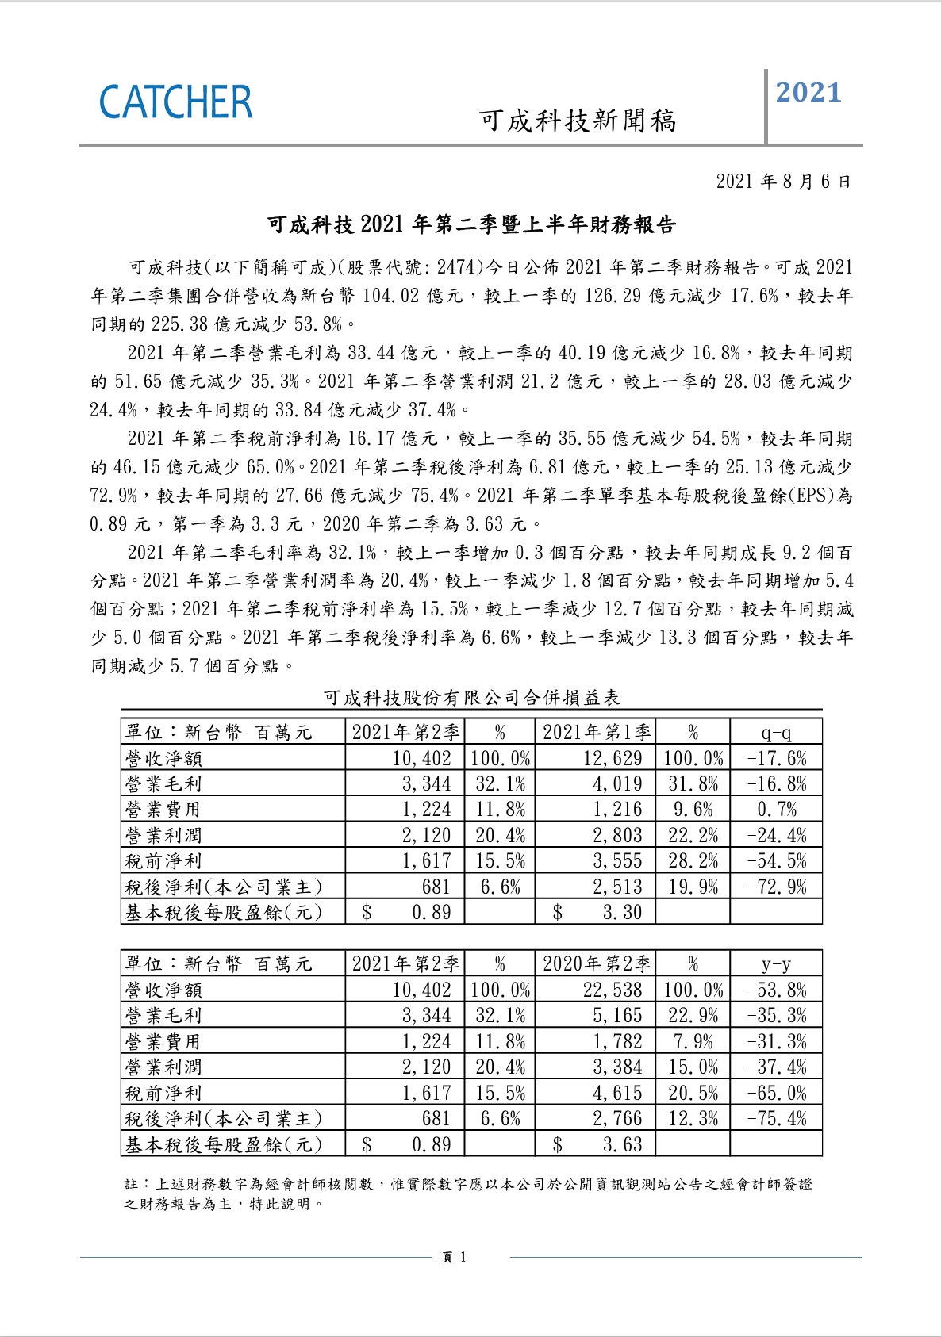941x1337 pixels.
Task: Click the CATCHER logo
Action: pos(175,103)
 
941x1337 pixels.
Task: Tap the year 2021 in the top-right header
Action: pos(808,93)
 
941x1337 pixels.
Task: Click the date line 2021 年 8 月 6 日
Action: pos(783,182)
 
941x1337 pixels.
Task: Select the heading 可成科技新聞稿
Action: pos(578,121)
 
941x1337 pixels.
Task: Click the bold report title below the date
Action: pos(471,225)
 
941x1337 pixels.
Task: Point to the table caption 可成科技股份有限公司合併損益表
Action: pos(471,698)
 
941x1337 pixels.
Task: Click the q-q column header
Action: pos(775,732)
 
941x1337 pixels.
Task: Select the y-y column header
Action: pos(775,964)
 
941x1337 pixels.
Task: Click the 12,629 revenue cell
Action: pos(612,758)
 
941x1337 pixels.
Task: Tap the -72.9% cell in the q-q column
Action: pos(776,887)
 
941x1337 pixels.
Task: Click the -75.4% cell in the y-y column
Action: pos(776,1119)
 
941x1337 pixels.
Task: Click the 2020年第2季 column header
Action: pos(596,964)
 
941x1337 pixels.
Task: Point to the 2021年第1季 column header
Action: pos(596,732)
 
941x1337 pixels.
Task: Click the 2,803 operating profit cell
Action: pos(616,835)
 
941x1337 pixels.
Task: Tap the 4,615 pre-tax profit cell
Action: pos(616,1094)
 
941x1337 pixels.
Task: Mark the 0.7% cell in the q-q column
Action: pos(776,810)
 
